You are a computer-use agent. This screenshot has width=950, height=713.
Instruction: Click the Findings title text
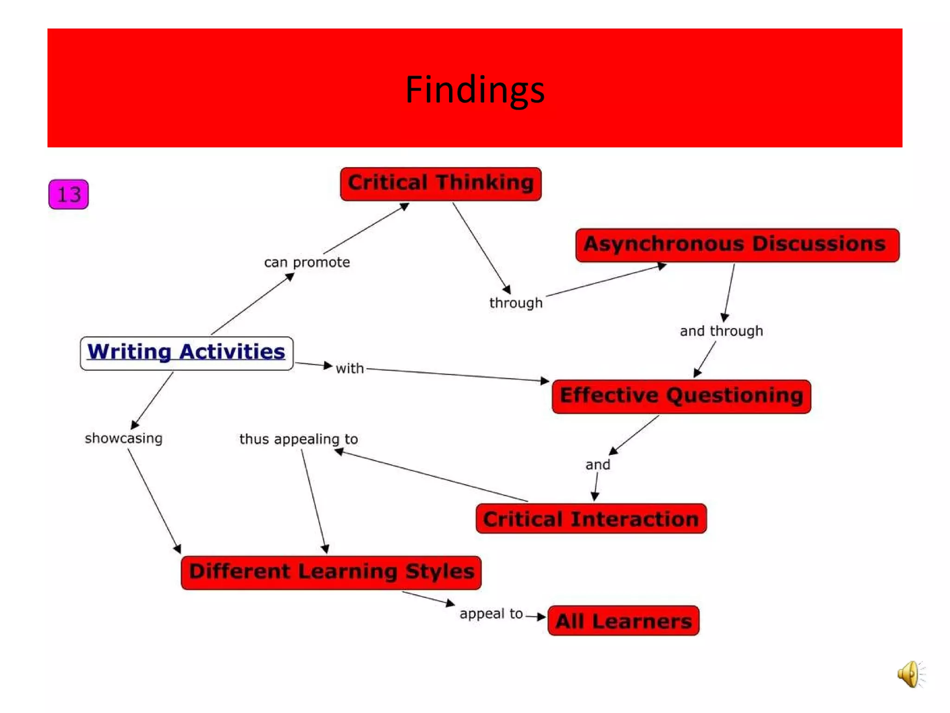coord(475,89)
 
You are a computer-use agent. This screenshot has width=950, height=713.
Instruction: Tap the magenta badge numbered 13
coord(68,194)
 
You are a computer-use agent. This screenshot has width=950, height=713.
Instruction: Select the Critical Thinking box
coord(440,184)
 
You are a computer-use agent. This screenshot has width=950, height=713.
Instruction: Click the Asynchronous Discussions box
coord(737,245)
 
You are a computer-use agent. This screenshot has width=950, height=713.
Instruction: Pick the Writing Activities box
coord(186,353)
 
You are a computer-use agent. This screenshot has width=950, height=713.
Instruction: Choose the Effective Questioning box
coord(681,396)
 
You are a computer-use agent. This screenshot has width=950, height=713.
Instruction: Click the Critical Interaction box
coord(591,519)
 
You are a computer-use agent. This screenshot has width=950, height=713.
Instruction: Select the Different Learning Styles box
coord(331,572)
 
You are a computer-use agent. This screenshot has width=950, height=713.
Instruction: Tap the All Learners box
coord(623,621)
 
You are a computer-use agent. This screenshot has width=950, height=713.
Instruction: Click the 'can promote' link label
coord(307,262)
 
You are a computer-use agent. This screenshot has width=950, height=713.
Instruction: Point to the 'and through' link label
coord(721,331)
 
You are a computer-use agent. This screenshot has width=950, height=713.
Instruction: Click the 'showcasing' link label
coord(123,438)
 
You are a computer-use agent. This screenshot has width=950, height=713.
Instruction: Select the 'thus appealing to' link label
coord(298,439)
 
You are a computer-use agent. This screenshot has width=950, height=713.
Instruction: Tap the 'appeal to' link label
coord(491,614)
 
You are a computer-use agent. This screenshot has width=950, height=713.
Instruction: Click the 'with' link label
coord(349,369)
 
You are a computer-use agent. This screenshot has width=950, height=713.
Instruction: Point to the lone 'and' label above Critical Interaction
coord(597,465)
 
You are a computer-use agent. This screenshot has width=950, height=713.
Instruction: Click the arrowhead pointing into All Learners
coord(541,617)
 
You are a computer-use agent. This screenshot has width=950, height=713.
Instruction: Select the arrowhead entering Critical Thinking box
coord(404,206)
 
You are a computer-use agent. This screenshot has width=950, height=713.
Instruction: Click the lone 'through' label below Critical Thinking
coord(515,303)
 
